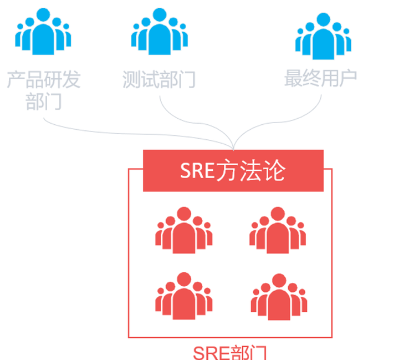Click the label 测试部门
coord(159,80)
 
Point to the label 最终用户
coord(320,78)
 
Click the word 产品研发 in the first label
coord(43,80)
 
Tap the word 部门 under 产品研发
coord(43,102)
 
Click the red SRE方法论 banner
coord(233,171)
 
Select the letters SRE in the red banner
coord(197,171)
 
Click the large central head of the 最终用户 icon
coord(323,23)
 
